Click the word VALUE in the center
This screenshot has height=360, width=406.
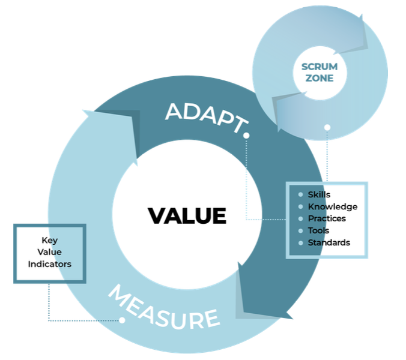(187, 215)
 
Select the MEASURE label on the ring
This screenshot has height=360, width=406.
(163, 310)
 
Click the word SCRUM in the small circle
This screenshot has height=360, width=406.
(320, 67)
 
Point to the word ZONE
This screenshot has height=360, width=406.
(320, 78)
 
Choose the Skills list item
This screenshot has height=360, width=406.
(319, 194)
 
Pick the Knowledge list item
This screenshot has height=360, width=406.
(332, 206)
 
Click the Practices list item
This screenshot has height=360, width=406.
(327, 218)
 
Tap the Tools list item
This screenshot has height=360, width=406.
(318, 230)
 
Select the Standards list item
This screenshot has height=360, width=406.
(329, 242)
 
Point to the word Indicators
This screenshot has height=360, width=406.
(49, 264)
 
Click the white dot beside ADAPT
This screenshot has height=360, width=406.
(246, 136)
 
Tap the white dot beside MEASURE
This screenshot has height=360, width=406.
(122, 320)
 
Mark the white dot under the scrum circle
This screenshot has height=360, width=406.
(327, 127)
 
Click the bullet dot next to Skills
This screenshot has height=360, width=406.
(301, 194)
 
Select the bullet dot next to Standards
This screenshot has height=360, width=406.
(301, 242)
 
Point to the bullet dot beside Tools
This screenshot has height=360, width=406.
(301, 230)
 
